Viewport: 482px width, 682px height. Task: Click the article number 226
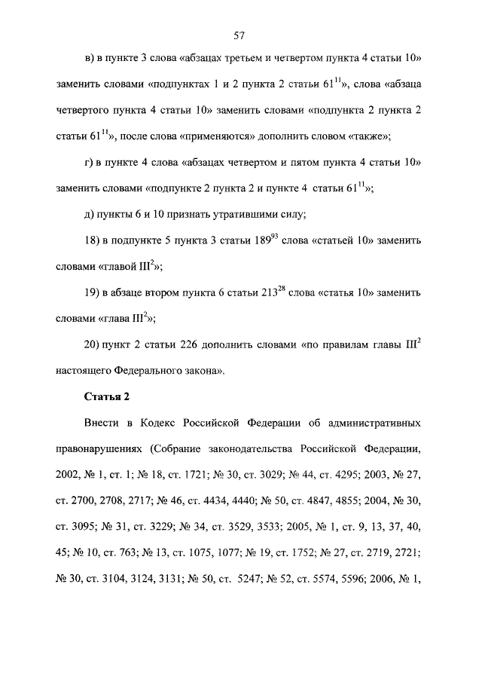[x=195, y=344]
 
